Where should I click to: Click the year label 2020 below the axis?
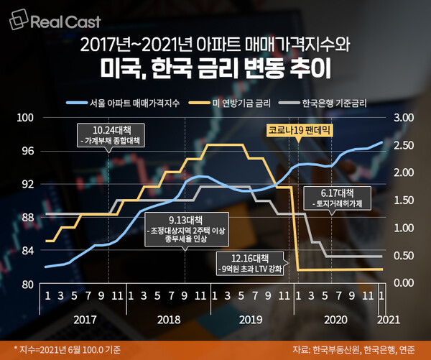click(x=336, y=318)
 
